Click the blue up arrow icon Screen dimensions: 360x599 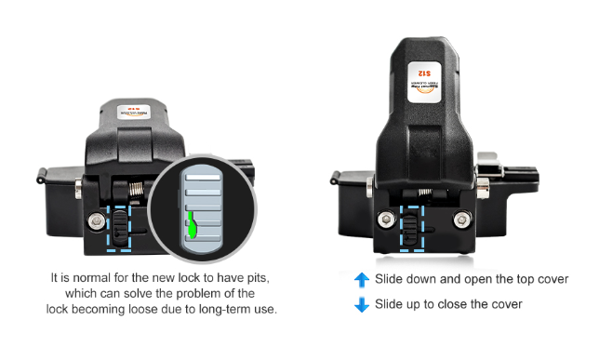[362, 280]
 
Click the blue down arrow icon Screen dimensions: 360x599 [362, 304]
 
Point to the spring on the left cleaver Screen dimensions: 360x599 [135, 193]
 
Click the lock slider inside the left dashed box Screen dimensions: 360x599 [121, 224]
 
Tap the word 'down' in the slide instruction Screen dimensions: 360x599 [423, 280]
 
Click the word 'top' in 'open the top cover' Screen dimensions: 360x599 [516, 280]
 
